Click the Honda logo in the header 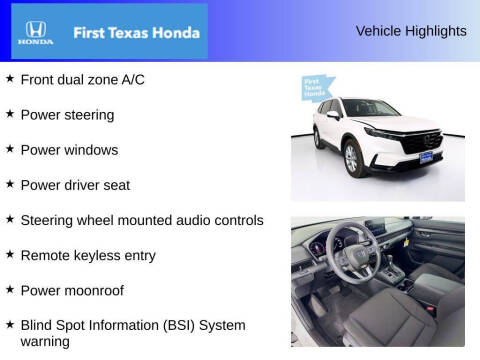click(x=33, y=32)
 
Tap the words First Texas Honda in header click(x=133, y=32)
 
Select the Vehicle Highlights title click(x=410, y=31)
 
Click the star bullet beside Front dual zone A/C click(x=10, y=79)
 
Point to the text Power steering click(x=67, y=115)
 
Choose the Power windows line click(x=69, y=150)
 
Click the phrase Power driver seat click(x=75, y=185)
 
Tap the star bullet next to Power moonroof click(x=10, y=290)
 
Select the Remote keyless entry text click(x=88, y=255)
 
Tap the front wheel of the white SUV click(x=351, y=158)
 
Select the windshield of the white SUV click(x=371, y=108)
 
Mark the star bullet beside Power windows click(x=10, y=149)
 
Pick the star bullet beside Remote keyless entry click(x=10, y=254)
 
